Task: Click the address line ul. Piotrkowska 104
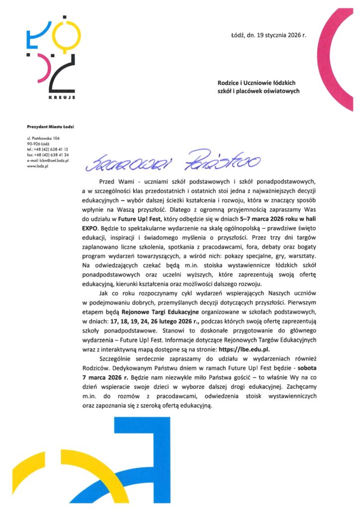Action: click(x=44, y=137)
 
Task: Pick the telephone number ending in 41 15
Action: click(x=48, y=149)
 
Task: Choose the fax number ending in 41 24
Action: click(x=48, y=155)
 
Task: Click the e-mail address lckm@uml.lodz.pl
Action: click(x=48, y=161)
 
